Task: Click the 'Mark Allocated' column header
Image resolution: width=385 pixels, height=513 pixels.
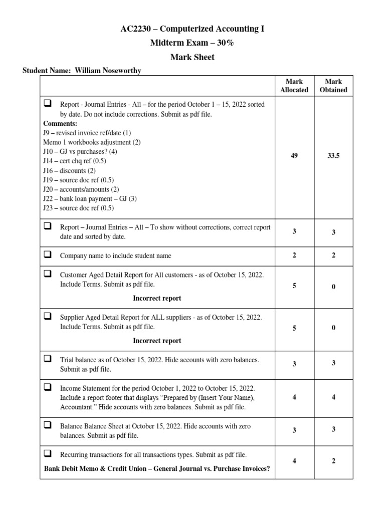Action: (294, 86)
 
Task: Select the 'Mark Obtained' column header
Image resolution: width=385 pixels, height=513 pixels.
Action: (333, 86)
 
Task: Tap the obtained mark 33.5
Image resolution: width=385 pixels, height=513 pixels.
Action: (333, 156)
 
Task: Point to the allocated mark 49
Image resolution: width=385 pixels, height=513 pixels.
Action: (294, 156)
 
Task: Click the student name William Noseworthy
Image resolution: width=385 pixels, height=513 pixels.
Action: (108, 71)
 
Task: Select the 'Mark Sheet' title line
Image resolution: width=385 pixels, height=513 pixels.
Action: (192, 57)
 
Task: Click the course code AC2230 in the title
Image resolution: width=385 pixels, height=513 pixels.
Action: (135, 29)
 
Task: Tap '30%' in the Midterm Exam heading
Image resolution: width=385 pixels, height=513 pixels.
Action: (224, 43)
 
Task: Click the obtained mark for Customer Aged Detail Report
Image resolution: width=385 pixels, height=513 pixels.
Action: (333, 287)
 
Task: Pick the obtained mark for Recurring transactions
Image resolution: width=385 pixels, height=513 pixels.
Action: (333, 461)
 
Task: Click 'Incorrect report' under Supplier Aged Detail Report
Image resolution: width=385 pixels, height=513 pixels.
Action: (157, 341)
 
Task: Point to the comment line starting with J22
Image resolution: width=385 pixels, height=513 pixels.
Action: (90, 199)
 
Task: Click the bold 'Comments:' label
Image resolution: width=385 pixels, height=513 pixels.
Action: (60, 123)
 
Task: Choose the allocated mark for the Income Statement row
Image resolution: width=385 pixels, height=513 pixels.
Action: (294, 397)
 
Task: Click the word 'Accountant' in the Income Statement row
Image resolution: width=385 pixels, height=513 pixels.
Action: (78, 407)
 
